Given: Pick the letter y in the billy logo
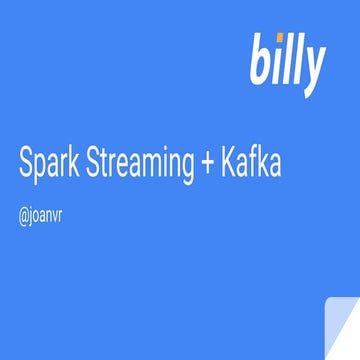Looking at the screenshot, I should [312, 66].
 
